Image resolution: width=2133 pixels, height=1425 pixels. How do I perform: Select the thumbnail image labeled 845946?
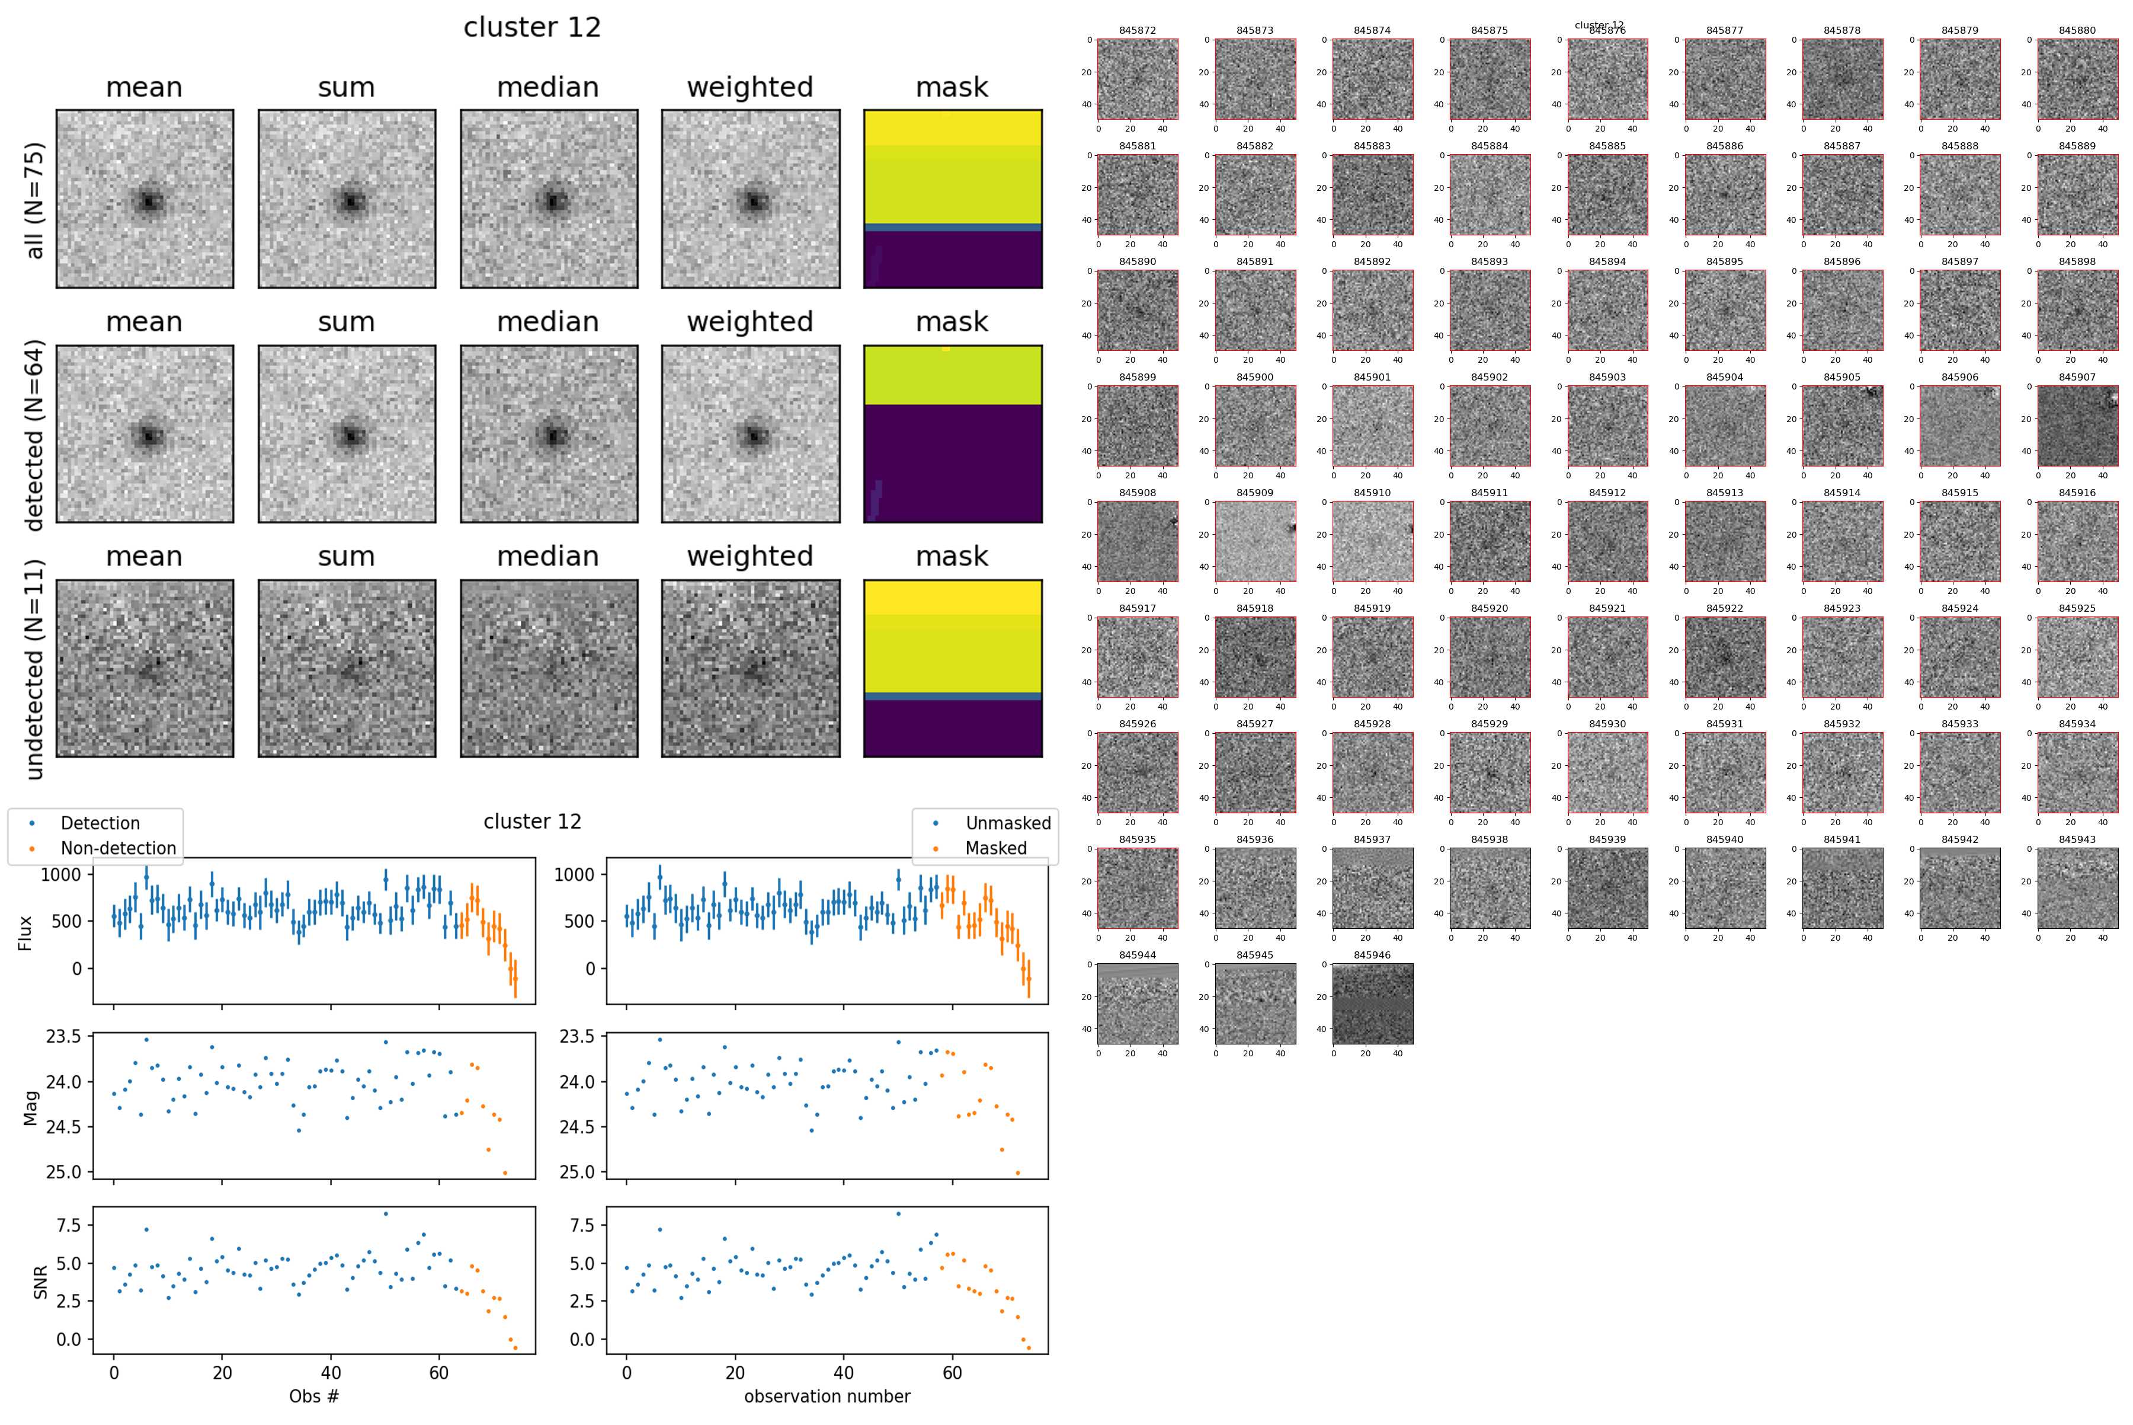point(1373,1004)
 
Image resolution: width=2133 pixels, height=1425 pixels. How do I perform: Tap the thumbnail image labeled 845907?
point(2077,426)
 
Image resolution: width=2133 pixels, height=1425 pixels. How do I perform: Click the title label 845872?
point(1138,30)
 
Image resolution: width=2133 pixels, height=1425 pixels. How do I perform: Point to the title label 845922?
point(1724,608)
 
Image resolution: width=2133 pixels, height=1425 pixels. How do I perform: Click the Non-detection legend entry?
point(118,848)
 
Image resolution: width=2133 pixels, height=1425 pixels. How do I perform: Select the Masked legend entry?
point(995,848)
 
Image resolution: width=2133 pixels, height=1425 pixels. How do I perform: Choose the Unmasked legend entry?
point(1007,823)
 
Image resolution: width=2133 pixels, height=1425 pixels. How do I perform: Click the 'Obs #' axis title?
point(313,1396)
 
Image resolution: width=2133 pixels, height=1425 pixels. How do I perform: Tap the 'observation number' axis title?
point(827,1396)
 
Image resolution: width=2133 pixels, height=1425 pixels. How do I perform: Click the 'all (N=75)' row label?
point(34,200)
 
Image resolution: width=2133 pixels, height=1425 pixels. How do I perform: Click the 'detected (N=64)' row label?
point(34,434)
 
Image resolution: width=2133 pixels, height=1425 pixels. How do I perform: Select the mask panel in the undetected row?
point(952,668)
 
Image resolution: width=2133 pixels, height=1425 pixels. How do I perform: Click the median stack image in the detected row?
point(549,433)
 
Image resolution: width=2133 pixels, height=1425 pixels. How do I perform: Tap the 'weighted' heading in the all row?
point(750,87)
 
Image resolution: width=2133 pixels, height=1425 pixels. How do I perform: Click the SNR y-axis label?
point(40,1282)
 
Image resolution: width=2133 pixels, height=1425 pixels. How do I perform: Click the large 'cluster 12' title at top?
point(532,27)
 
